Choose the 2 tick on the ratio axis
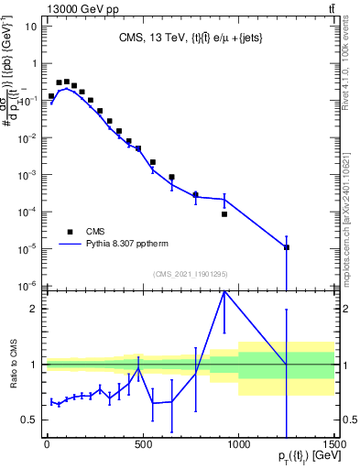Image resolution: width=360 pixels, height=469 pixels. tap(33, 309)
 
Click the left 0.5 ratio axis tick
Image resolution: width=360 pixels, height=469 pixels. tap(28, 420)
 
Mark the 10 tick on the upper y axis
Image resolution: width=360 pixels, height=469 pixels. tap(30, 27)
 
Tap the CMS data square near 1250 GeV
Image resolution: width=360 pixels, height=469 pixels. tap(287, 247)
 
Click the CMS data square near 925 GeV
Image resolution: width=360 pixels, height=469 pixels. tap(224, 214)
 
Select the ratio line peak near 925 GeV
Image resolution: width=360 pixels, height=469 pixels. tap(224, 291)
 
